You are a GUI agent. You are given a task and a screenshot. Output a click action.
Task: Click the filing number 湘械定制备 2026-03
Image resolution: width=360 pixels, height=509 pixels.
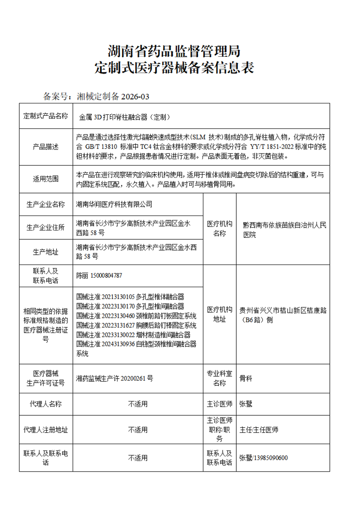[x=112, y=96]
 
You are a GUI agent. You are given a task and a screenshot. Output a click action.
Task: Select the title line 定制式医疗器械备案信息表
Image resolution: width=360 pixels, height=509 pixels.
[x=174, y=68]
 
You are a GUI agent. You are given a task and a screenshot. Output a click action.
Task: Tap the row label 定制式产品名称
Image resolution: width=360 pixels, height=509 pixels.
[x=46, y=116]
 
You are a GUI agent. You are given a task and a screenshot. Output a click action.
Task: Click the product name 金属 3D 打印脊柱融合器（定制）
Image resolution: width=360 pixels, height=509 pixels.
[x=124, y=117]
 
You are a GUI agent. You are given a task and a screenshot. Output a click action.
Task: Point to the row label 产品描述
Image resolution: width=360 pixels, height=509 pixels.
[x=46, y=147]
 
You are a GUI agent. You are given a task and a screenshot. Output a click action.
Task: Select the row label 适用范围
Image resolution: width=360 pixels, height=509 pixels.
[x=46, y=179]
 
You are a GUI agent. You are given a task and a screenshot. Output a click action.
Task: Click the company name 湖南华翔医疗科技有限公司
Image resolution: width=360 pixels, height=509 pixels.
[x=114, y=204]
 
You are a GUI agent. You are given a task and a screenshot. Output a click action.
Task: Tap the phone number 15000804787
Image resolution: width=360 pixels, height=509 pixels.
[x=106, y=275]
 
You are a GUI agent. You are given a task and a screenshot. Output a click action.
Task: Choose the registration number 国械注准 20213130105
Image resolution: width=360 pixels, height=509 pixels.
[x=106, y=297]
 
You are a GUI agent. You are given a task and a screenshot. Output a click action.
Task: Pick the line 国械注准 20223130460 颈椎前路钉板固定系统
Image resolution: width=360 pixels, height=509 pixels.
[x=136, y=315]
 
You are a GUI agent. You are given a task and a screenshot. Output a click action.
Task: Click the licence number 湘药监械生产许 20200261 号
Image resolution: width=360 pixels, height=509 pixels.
[x=115, y=378]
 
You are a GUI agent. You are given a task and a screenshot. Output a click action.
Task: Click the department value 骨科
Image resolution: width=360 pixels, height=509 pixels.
[x=246, y=378]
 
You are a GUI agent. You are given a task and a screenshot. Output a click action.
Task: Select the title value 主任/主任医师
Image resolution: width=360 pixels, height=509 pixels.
[x=259, y=430]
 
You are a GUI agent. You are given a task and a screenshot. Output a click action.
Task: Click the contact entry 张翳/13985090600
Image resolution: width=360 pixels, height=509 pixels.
[x=263, y=458]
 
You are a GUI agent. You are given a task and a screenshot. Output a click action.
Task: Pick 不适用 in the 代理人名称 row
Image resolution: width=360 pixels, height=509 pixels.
[x=138, y=404]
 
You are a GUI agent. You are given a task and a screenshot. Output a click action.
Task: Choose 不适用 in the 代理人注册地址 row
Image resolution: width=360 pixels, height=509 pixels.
[x=138, y=430]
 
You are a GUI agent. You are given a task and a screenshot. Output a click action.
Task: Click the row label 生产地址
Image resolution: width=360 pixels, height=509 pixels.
[x=46, y=252]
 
